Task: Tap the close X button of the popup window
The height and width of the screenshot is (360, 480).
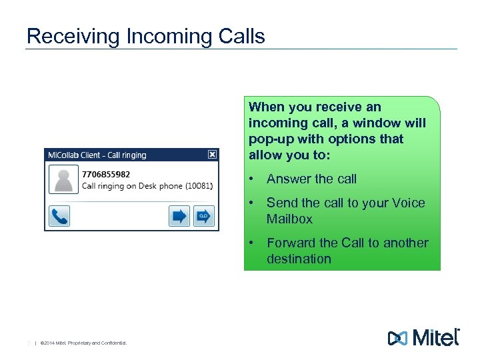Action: [x=212, y=154]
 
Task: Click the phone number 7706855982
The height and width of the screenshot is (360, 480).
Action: [x=106, y=174]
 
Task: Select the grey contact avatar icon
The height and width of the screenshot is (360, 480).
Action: [x=65, y=180]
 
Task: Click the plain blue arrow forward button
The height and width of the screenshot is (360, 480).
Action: [x=179, y=216]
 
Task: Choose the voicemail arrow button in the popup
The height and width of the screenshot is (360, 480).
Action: [x=203, y=216]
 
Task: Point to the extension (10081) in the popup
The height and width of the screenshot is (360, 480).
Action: [x=199, y=186]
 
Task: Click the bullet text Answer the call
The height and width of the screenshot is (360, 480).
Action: [x=311, y=179]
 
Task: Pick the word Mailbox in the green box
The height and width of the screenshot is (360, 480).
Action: [x=289, y=219]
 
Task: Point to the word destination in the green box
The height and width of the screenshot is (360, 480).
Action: [x=299, y=259]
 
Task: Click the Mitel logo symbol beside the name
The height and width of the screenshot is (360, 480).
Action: [x=397, y=338]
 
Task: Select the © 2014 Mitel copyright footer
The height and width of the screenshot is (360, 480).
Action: [x=83, y=343]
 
